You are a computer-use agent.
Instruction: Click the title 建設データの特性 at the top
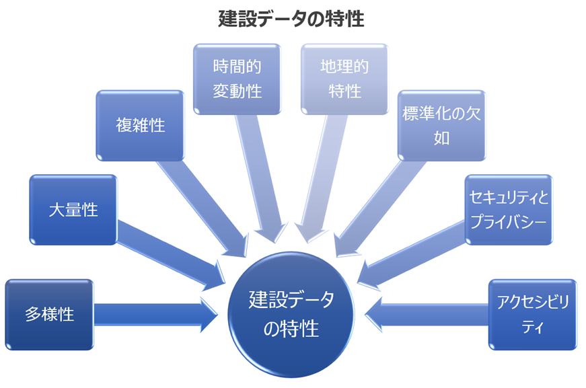point(291,19)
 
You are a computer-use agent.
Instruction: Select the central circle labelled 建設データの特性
point(291,313)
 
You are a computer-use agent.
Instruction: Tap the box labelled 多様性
point(49,314)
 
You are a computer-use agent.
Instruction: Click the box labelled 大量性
point(73,210)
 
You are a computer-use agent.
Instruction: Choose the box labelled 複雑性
point(140,126)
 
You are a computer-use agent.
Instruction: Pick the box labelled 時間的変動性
point(237,79)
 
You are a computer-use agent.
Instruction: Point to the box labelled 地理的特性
point(344,79)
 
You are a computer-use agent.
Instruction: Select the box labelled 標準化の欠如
point(441,126)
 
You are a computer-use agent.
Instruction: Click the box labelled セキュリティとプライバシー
point(509,210)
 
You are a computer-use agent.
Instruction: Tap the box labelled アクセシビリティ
point(532,314)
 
